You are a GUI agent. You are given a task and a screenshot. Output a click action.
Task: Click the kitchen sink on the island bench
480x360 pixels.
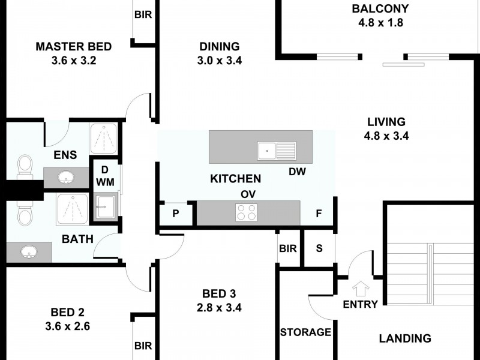point(277,151)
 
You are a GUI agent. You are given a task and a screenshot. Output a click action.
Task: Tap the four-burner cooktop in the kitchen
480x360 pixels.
point(247,212)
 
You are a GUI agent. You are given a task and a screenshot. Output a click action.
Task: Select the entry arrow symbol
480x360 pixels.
point(361,289)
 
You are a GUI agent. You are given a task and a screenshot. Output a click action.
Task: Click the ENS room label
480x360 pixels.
point(65,155)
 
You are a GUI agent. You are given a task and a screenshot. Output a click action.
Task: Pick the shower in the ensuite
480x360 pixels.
point(103,139)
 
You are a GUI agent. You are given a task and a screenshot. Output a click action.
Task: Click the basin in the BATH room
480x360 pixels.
point(29,252)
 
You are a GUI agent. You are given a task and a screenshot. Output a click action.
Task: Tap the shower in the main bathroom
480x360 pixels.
point(72,209)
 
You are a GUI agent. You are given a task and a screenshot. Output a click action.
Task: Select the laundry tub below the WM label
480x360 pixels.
point(106,206)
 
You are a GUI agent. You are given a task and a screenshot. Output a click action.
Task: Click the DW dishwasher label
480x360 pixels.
point(297,172)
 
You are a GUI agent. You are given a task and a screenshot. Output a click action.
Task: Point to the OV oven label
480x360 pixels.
point(248,194)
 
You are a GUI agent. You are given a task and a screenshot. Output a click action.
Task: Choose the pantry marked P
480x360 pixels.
point(176,214)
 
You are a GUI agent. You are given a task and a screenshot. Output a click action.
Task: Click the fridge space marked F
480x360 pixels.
point(319,214)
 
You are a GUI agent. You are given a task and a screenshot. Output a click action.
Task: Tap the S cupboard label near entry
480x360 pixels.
point(319,248)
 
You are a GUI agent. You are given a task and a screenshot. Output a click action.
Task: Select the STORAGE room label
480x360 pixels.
point(305,332)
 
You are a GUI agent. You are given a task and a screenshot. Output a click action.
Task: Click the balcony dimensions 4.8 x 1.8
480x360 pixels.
point(380,23)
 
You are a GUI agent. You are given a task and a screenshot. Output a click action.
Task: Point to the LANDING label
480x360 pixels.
point(405,338)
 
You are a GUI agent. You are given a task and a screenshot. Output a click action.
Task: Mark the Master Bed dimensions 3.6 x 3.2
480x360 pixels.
point(74,61)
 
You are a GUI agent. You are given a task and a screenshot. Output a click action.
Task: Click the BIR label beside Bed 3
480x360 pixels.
point(288,248)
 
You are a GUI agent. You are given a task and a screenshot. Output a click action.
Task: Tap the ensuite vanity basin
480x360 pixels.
point(66,177)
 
